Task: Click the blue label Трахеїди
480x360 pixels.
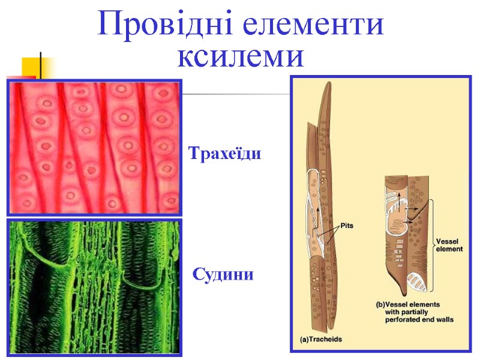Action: [x=225, y=154]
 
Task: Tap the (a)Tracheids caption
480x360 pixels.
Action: [x=321, y=339]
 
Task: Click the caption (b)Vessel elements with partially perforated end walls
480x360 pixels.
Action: [x=414, y=312]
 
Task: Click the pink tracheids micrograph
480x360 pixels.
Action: [x=94, y=148]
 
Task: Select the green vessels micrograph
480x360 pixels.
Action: [x=94, y=287]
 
